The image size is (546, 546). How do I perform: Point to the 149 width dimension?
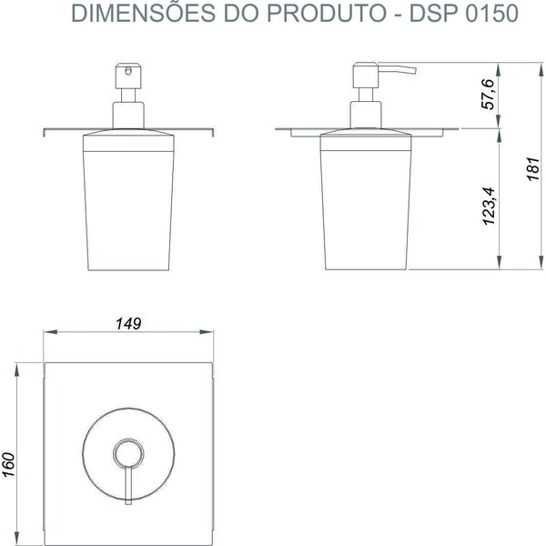coord(127,323)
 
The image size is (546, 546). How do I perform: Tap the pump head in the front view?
coord(127,74)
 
